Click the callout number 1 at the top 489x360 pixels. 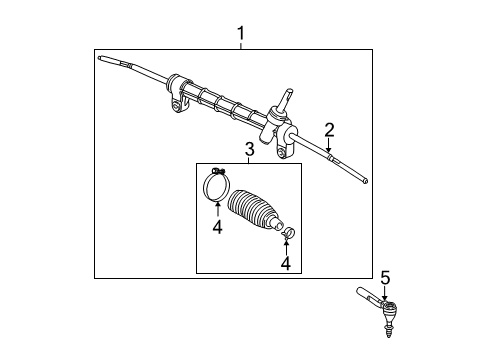point(241,34)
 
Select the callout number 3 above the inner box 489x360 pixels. point(249,150)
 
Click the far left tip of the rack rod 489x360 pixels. point(101,60)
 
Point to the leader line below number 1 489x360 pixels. point(241,45)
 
